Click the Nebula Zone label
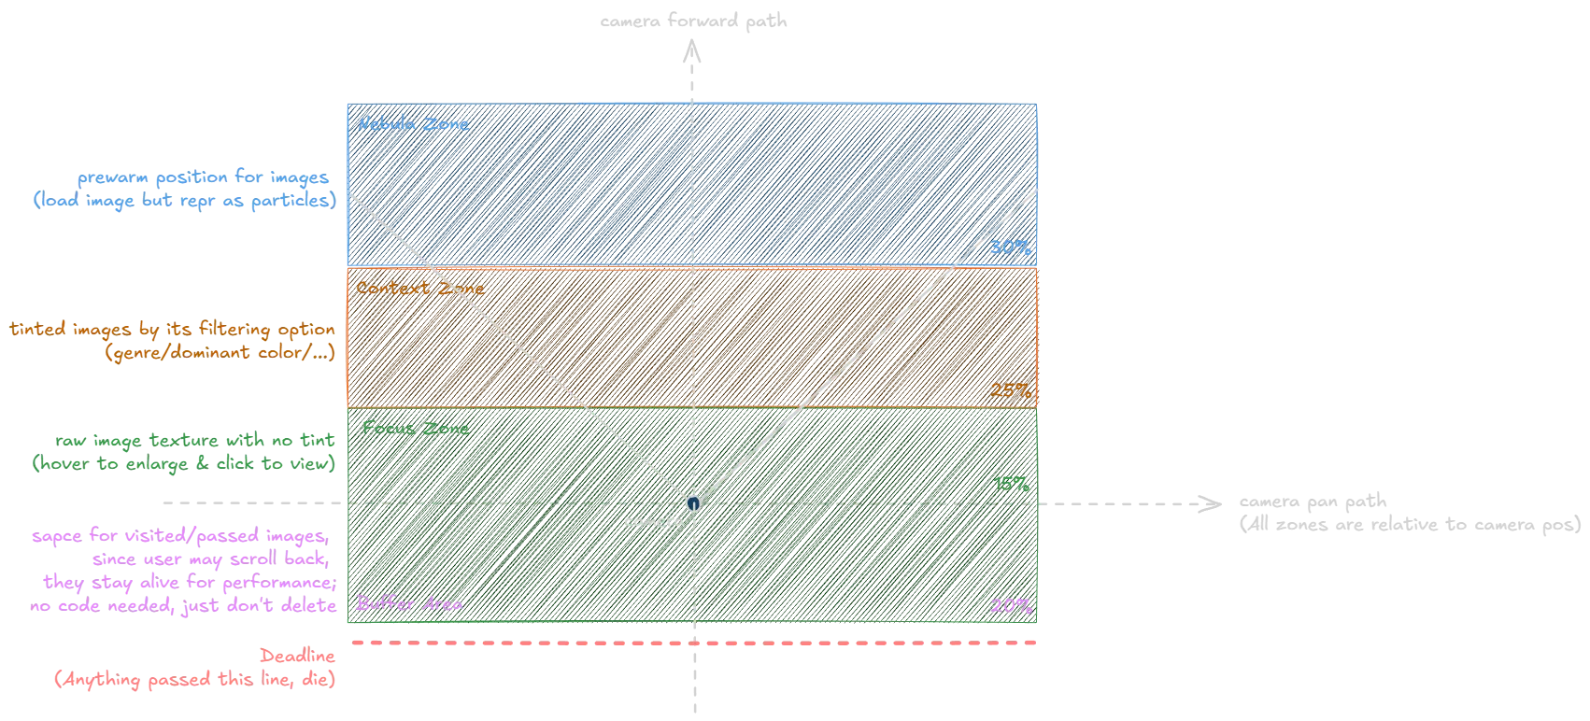[x=413, y=124]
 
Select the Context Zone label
[x=419, y=288]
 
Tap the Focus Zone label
[x=414, y=429]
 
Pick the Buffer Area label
[x=409, y=604]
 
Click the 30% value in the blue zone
[x=1011, y=248]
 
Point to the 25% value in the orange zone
[x=1010, y=390]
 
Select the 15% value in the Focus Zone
[x=1012, y=485]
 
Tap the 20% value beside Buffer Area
[x=1010, y=605]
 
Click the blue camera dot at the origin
[x=692, y=503]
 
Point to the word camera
[x=653, y=522]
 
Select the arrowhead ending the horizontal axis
[x=1207, y=504]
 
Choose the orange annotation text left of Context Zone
[x=172, y=342]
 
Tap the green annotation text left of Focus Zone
[x=183, y=451]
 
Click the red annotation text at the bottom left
[x=194, y=670]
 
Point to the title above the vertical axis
[x=693, y=20]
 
